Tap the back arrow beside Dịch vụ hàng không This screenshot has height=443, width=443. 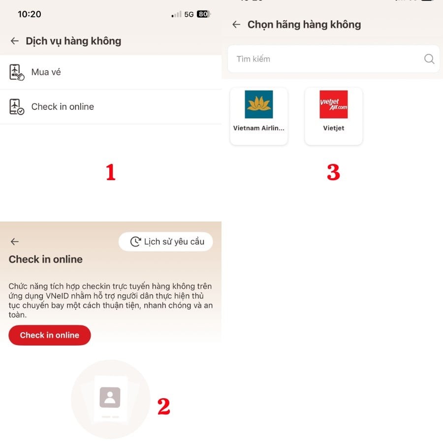[x=15, y=41]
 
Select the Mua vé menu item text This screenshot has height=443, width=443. [x=46, y=72]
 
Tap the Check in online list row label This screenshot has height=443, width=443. [x=63, y=107]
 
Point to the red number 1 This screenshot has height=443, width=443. [x=111, y=172]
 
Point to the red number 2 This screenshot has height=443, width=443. [x=163, y=406]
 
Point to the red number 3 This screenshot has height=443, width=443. [x=333, y=172]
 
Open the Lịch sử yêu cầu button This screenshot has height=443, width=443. [x=166, y=242]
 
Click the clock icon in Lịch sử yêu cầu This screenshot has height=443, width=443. [x=135, y=242]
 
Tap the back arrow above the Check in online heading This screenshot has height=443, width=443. [x=15, y=242]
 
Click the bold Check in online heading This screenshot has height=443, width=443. [x=46, y=259]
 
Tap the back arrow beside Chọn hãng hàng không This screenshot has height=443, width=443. [x=236, y=25]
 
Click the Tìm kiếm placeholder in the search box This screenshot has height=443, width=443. [x=253, y=59]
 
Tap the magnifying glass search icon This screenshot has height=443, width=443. [x=429, y=59]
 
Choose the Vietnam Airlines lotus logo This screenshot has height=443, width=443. [x=259, y=104]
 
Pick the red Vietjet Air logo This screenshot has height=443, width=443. [x=334, y=104]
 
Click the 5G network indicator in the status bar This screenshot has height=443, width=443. [x=189, y=14]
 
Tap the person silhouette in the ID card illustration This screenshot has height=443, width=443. [x=110, y=397]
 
